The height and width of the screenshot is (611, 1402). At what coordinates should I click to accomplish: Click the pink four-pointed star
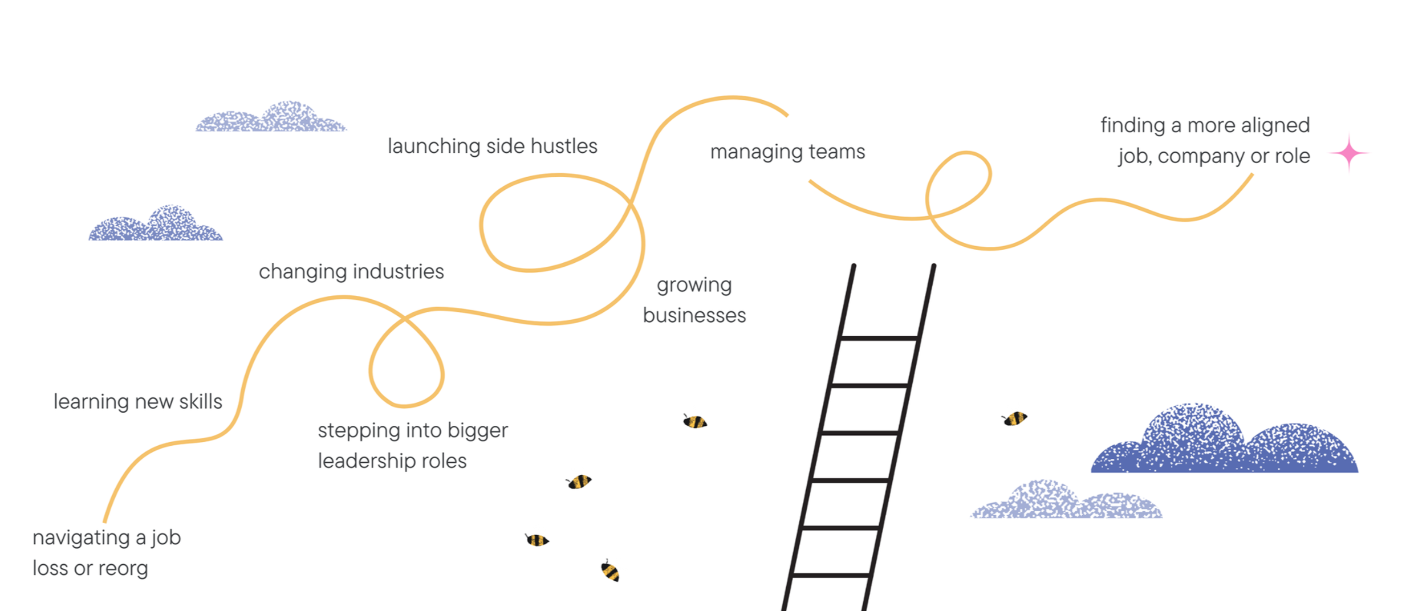click(1349, 153)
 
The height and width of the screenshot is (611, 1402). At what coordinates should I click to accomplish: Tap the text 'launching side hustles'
click(492, 146)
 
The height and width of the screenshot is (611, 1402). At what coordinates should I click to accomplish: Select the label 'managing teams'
click(787, 152)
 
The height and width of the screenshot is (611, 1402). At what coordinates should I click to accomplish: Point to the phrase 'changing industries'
click(351, 272)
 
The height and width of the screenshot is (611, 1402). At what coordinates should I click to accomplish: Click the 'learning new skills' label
click(137, 402)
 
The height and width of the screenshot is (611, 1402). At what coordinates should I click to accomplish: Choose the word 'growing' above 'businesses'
click(694, 285)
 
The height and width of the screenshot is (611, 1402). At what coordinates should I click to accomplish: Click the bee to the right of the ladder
click(1015, 419)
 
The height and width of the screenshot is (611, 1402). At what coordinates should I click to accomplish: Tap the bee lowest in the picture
click(609, 571)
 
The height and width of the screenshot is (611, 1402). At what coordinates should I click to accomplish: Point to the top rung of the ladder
click(879, 338)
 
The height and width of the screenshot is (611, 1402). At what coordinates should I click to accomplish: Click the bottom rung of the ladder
click(831, 575)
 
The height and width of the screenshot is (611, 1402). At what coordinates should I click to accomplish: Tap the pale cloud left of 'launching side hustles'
click(271, 118)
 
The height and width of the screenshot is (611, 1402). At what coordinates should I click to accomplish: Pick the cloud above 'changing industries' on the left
click(156, 225)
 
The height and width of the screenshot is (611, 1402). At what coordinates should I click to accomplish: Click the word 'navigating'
click(81, 538)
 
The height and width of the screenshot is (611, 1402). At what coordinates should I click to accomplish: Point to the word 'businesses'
click(694, 316)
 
